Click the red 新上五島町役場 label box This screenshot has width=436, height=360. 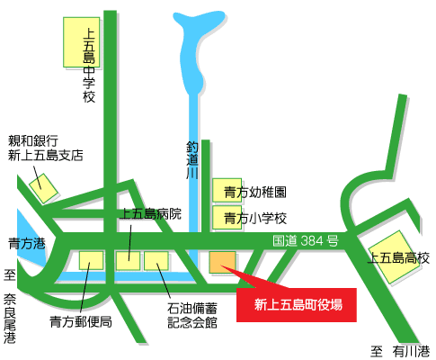[x=296, y=304]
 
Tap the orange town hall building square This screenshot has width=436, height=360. [x=221, y=261]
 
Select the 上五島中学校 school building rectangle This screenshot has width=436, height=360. [x=80, y=41]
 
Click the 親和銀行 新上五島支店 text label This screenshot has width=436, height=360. [x=45, y=148]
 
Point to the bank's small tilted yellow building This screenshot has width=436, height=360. [x=41, y=188]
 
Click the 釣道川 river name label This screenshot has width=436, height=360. [x=191, y=159]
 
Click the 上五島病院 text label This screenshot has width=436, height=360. [x=150, y=214]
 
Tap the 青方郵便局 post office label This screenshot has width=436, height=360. [x=80, y=320]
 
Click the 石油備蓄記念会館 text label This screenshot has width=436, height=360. [x=191, y=315]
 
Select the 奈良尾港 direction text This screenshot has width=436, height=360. [x=10, y=311]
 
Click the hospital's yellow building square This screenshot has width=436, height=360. [x=128, y=261]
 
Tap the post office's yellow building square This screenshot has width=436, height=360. [x=91, y=261]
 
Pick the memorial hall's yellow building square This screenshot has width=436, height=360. [x=156, y=261]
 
